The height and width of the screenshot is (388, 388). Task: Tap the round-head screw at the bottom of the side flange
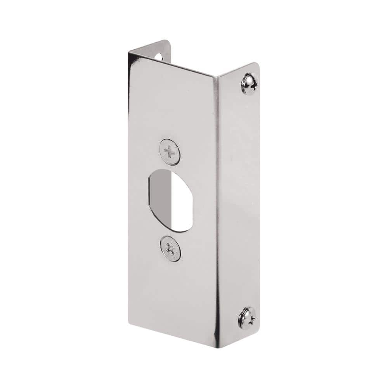click(x=247, y=318)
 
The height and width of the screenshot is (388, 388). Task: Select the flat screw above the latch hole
click(x=170, y=152)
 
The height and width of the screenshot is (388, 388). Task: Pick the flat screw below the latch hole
click(x=170, y=248)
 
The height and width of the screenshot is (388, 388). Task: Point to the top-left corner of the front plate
click(x=129, y=54)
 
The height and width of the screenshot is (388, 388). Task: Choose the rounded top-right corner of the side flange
click(x=256, y=65)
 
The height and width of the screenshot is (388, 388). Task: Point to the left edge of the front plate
click(x=129, y=194)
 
